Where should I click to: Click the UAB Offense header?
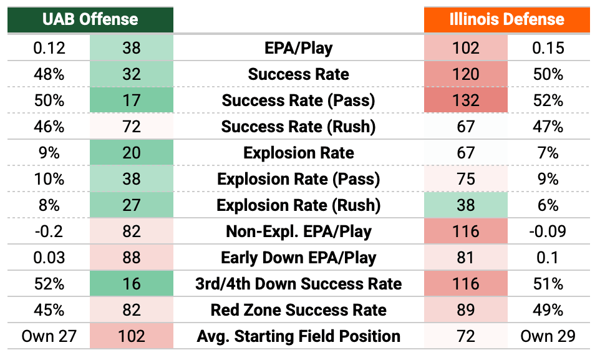(90, 19)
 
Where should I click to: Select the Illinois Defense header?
(507, 19)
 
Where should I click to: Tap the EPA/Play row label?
(299, 48)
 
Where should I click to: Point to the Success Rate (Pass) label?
(299, 100)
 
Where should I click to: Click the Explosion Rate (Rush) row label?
(299, 206)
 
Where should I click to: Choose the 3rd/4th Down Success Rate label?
(299, 284)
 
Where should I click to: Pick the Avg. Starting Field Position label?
(299, 336)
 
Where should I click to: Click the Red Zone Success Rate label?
(299, 310)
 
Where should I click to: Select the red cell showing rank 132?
(466, 100)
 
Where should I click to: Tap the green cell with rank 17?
(132, 100)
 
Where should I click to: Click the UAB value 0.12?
(49, 48)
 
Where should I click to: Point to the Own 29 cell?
(548, 336)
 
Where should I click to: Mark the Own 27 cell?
(49, 336)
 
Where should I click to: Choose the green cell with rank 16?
(132, 284)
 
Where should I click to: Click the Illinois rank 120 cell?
(466, 74)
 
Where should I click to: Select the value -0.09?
(548, 231)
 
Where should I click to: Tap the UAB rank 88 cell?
(132, 258)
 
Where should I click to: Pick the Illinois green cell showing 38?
(466, 205)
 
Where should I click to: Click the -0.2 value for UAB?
(49, 231)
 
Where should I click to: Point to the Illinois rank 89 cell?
(466, 310)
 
